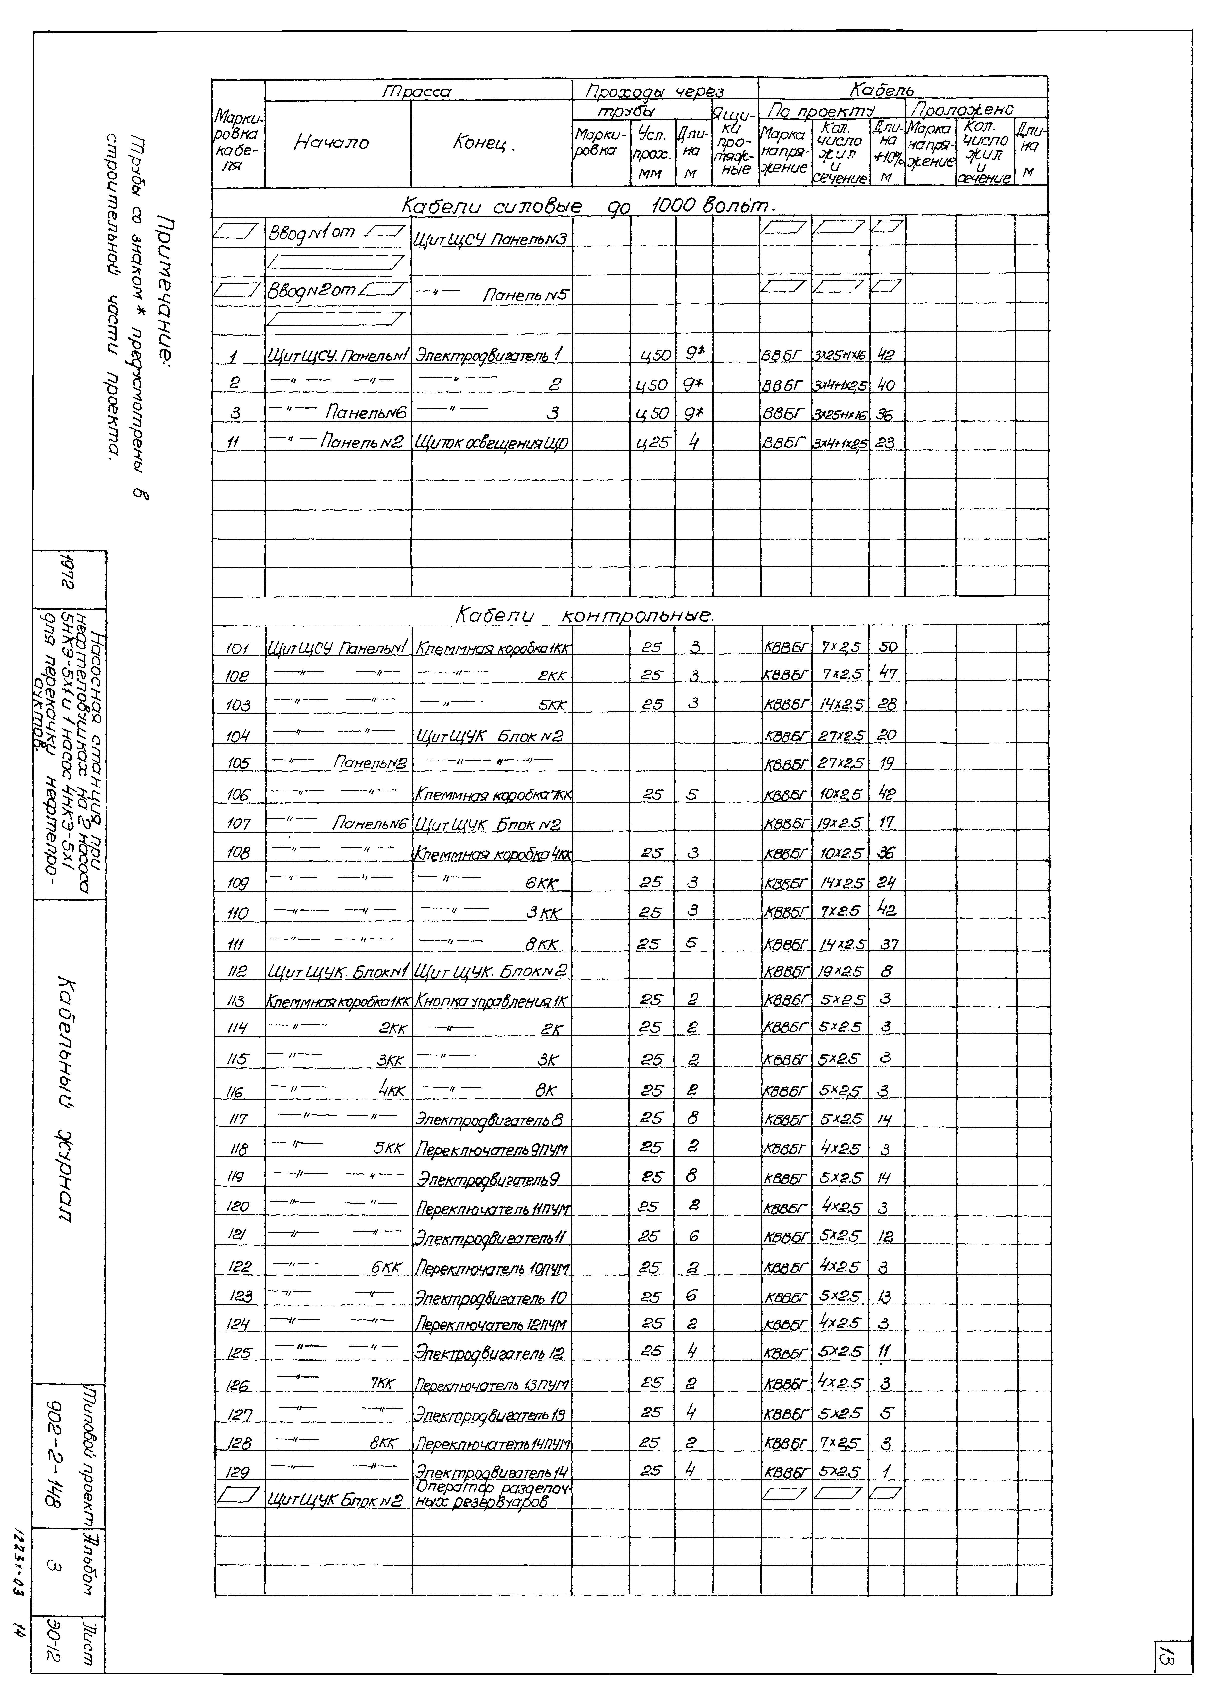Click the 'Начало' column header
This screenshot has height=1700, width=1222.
point(331,142)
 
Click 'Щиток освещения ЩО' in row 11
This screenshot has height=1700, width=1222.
point(492,443)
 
